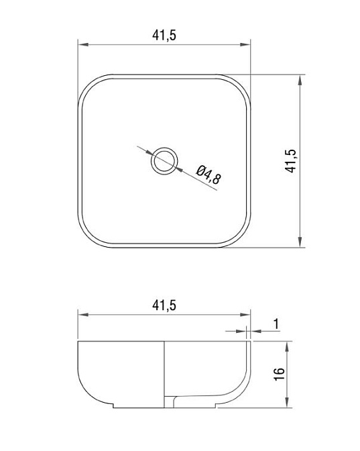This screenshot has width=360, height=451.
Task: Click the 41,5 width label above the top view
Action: (x=164, y=35)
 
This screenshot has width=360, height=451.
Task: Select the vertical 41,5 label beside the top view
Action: (x=291, y=161)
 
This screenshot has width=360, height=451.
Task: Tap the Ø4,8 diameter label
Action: (x=209, y=174)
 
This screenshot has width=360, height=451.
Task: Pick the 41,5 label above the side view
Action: (x=164, y=305)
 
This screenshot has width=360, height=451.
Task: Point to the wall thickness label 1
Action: (x=276, y=324)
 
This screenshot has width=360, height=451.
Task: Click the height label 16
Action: (x=280, y=374)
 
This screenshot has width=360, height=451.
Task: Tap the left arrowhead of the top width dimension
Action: (x=82, y=44)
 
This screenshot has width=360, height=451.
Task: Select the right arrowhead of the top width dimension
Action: (x=245, y=44)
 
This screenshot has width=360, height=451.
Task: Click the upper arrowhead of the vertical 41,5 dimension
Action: (x=300, y=80)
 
